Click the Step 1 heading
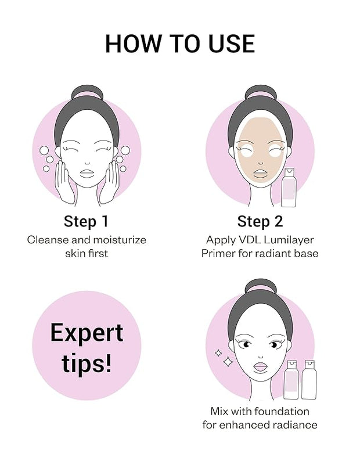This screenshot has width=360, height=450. click(x=86, y=221)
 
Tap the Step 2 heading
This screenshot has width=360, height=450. click(x=260, y=221)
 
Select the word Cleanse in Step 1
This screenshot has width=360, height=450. click(x=48, y=240)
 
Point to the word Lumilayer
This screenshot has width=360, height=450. click(x=289, y=240)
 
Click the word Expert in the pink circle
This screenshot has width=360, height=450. click(x=87, y=333)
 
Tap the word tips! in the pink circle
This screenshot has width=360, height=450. click(x=86, y=363)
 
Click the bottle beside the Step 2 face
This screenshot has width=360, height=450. click(x=289, y=188)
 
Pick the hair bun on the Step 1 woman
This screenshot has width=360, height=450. click(x=87, y=92)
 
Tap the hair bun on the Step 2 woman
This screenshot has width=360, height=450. click(x=261, y=92)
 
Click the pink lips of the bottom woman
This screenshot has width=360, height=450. click(x=261, y=368)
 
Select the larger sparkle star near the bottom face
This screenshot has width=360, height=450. click(x=228, y=362)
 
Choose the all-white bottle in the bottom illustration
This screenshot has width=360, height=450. click(x=309, y=379)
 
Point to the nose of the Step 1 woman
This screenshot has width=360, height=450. click(x=87, y=163)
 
